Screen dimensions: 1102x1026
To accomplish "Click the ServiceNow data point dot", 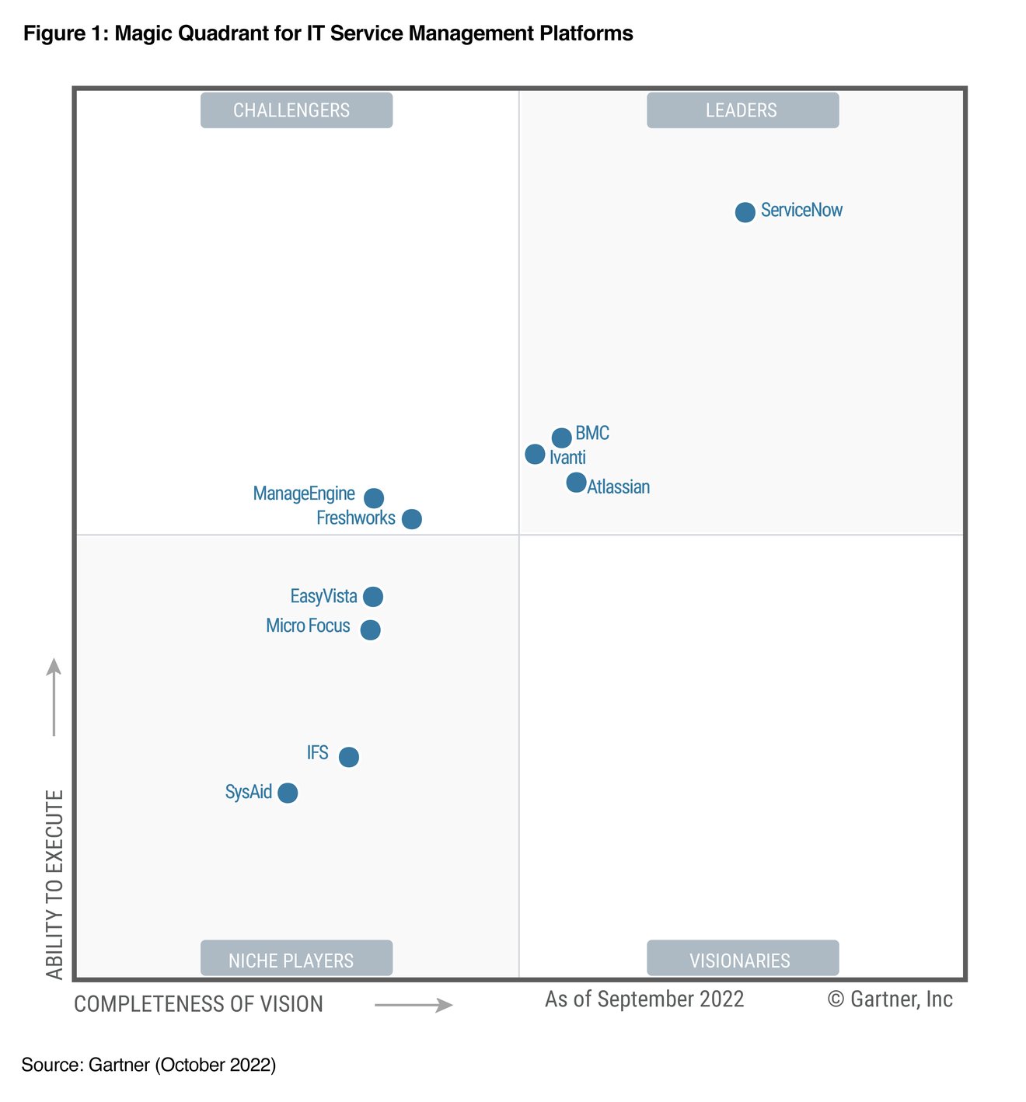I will [745, 212].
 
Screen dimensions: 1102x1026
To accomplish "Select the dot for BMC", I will [561, 438].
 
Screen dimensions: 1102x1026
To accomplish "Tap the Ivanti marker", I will [535, 454].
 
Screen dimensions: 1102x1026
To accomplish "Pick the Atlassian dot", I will [576, 483].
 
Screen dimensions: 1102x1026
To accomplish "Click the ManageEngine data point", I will [374, 497].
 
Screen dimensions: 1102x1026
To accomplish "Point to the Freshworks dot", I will [412, 519].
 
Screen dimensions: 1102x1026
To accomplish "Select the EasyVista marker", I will [373, 597].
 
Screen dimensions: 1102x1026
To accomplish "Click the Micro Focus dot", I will [371, 629].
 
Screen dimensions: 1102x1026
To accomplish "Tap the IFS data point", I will [349, 757].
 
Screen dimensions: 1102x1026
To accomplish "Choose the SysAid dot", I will [288, 793].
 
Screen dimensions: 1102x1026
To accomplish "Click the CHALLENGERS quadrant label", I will [296, 110].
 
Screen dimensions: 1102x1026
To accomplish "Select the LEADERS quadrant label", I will [742, 110].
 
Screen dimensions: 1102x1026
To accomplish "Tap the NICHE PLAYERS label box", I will [296, 958].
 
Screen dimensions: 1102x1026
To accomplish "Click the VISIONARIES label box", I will [742, 958].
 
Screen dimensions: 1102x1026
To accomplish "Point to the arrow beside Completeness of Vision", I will [414, 1006].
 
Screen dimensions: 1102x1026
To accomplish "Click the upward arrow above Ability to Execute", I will [54, 696].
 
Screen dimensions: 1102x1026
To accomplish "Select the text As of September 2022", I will [644, 999].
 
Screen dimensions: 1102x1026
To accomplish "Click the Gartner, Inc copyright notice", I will [890, 999].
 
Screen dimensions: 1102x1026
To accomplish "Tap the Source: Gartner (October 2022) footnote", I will [148, 1065].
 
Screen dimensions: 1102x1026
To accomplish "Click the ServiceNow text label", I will [801, 211].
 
